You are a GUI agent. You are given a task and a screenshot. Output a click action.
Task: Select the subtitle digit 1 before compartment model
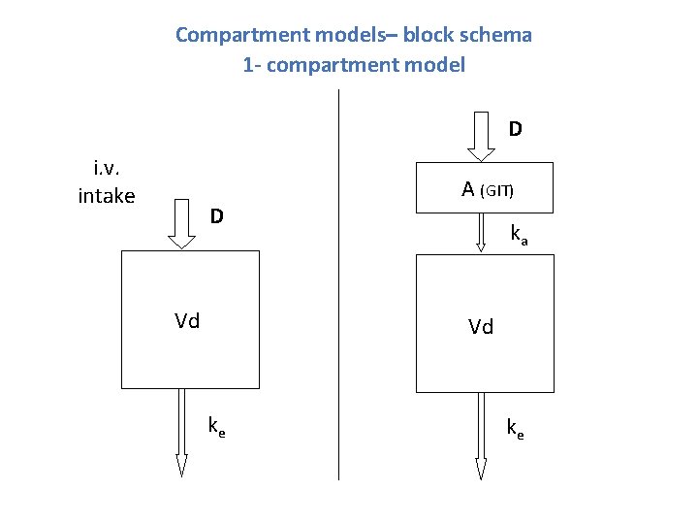(x=248, y=66)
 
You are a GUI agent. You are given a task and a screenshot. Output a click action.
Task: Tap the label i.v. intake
(x=106, y=181)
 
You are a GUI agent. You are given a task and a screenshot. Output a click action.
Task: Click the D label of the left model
(x=218, y=214)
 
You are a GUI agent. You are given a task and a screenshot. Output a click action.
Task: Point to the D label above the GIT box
(x=516, y=128)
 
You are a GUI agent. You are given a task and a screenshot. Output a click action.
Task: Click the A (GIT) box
(x=482, y=186)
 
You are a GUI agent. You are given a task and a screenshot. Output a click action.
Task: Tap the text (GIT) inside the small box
(x=497, y=191)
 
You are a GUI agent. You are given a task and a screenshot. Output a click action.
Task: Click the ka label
(x=519, y=234)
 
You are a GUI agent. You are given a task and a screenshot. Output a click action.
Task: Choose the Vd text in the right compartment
(x=481, y=327)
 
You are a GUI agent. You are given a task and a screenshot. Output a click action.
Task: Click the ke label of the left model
(x=217, y=425)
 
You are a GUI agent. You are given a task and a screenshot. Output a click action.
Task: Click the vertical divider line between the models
(x=338, y=291)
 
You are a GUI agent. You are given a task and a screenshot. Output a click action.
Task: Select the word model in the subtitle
(x=436, y=66)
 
